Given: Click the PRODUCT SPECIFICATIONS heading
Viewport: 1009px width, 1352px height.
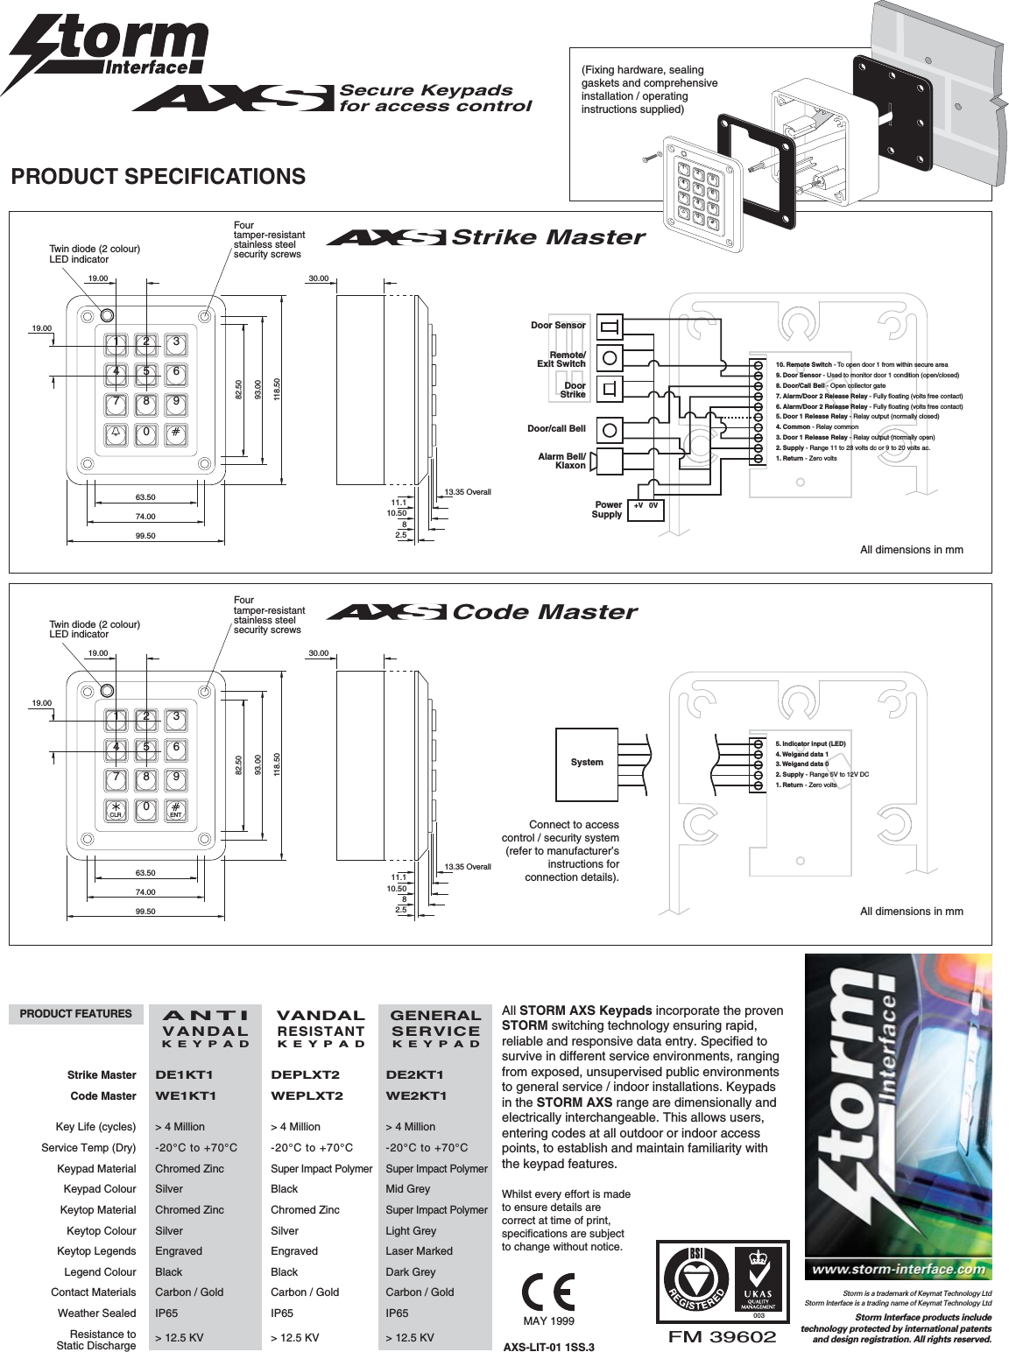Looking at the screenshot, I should [158, 177].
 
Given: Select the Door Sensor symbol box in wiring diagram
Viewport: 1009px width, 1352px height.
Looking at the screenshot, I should [610, 327].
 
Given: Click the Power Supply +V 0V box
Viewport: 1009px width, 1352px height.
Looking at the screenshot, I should [646, 510].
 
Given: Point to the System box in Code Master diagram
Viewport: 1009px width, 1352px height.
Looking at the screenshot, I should [587, 763].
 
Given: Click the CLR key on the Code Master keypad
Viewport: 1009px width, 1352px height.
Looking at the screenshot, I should [116, 809].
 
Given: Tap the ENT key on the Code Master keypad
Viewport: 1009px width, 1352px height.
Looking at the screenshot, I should [176, 809].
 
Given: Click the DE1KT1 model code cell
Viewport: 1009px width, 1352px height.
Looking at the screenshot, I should [184, 1075].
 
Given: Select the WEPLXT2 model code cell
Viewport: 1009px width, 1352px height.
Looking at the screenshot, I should [307, 1096].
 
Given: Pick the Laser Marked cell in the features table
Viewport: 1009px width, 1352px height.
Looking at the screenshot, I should [419, 1251].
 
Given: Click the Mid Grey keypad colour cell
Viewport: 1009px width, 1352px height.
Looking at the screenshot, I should [407, 1189].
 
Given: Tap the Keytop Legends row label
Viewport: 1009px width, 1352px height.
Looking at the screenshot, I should [96, 1251].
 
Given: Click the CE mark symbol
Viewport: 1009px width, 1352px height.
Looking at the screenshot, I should [548, 1292].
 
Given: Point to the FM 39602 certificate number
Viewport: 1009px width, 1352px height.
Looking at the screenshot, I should [722, 1337].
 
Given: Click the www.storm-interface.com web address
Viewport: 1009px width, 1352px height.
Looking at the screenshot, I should [898, 1270].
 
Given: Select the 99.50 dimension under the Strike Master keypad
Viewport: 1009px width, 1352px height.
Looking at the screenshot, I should [145, 536].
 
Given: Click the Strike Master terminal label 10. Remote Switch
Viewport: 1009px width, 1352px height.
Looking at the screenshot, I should [803, 364].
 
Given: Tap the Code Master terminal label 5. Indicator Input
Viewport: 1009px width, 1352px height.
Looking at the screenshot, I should [810, 743].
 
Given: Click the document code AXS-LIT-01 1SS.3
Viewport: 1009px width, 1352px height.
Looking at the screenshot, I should [548, 1347].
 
